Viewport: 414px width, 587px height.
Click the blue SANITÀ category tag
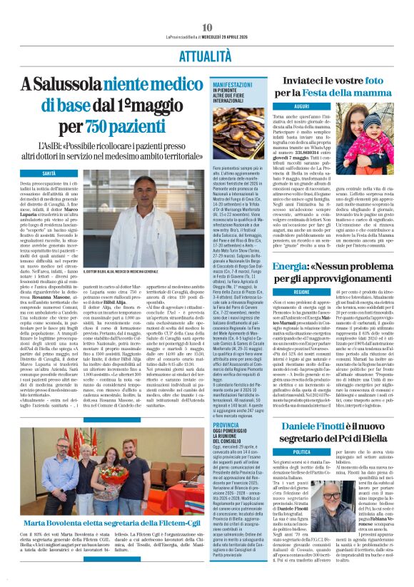49,173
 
